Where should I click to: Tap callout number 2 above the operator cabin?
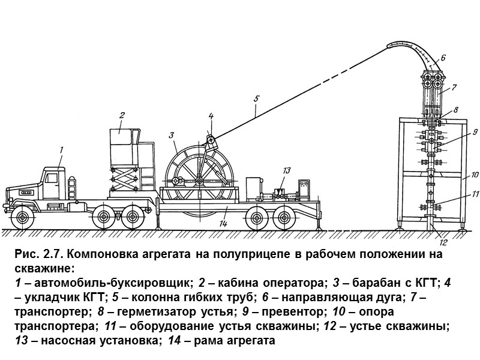click(121, 114)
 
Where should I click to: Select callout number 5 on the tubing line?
click(256, 98)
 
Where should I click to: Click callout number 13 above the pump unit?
click(287, 170)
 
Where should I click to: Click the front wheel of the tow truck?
click(22, 217)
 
